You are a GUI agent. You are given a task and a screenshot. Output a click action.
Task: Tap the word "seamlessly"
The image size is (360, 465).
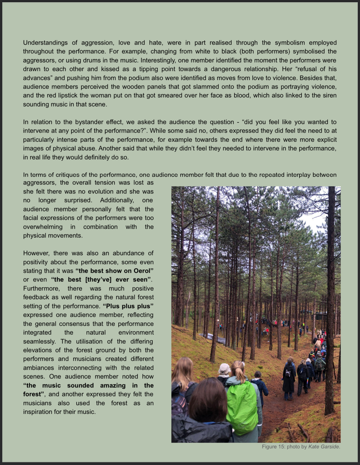pyautogui.click(x=39, y=341)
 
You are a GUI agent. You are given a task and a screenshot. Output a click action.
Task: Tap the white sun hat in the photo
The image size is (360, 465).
pyautogui.click(x=224, y=368)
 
